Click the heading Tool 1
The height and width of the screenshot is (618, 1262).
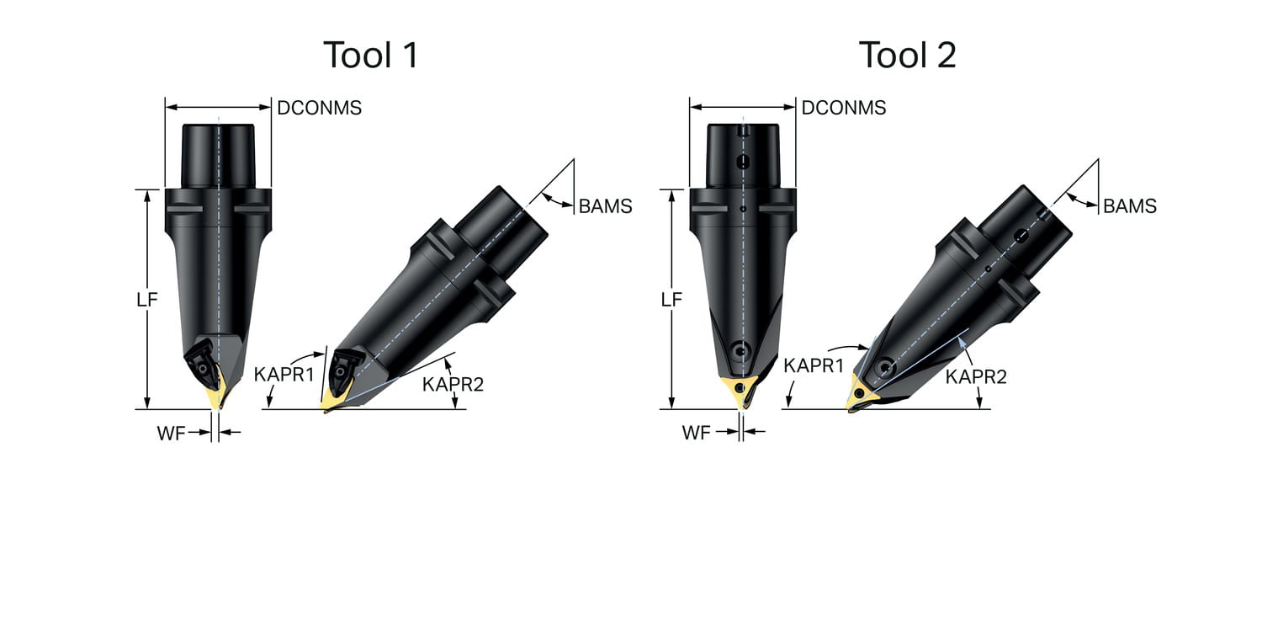coord(371,55)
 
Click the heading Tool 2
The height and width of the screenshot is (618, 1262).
coord(908,55)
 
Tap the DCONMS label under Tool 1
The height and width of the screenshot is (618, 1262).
coord(320,108)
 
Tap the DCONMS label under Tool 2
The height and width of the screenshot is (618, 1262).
coord(844,108)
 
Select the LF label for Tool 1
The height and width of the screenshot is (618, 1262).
coord(147,300)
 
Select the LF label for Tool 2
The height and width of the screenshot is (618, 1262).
coord(671,300)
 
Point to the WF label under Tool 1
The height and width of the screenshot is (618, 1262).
coord(171,433)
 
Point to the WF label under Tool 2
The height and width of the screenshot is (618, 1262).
coord(696,433)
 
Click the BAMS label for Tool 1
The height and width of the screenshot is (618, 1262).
coord(606,206)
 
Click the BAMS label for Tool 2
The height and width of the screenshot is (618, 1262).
coord(1130,206)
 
